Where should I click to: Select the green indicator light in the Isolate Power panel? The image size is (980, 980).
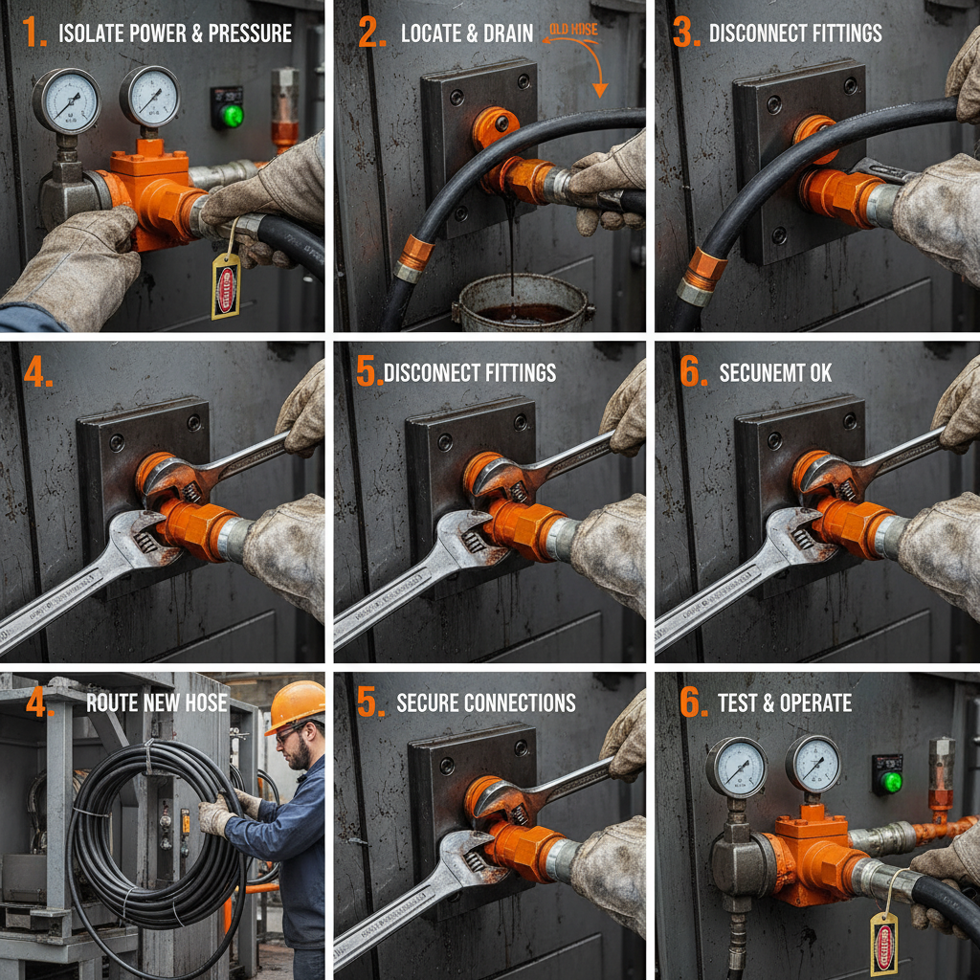pos(230,116)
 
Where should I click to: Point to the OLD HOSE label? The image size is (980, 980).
pos(571,30)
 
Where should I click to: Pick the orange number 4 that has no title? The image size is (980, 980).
pos(36,373)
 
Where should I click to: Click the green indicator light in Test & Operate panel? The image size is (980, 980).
pos(891,781)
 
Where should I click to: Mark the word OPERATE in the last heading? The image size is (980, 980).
pos(816,702)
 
